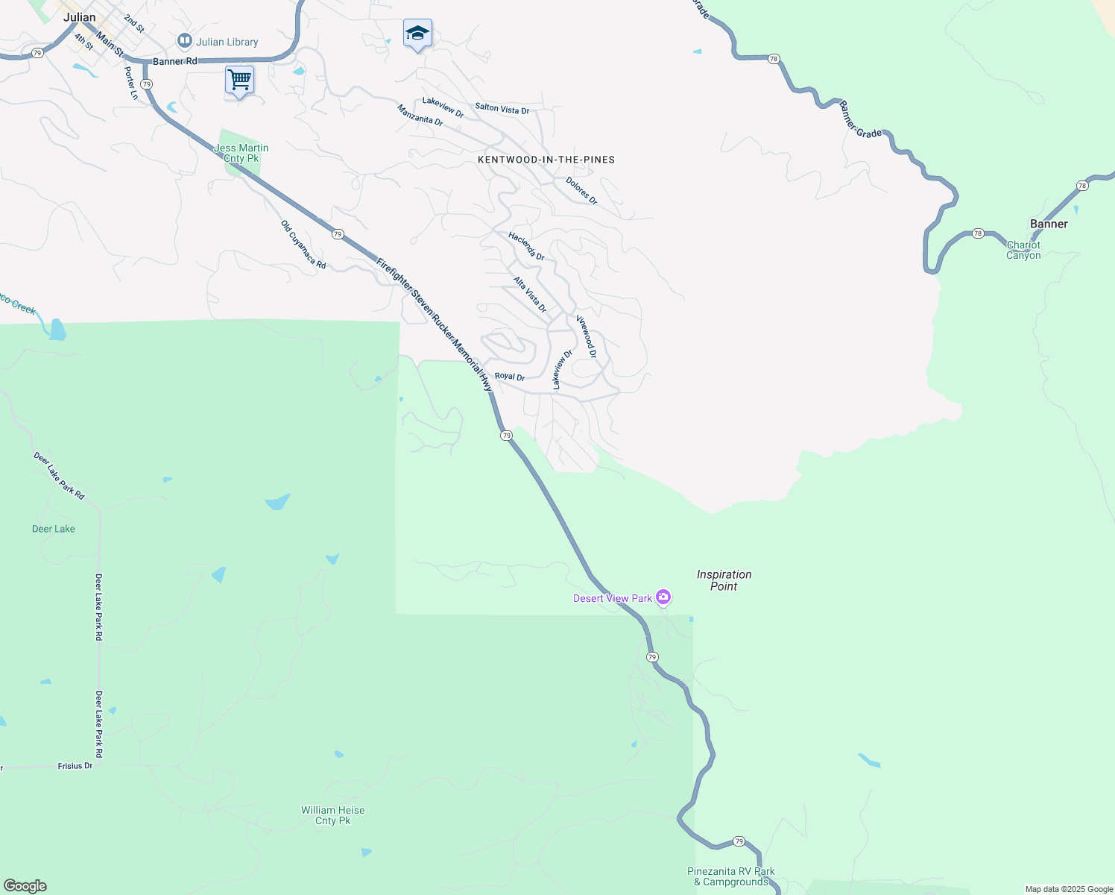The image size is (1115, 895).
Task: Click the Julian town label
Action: click(x=80, y=17)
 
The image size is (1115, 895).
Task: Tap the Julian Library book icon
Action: click(x=185, y=40)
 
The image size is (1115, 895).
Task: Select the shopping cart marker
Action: click(x=239, y=79)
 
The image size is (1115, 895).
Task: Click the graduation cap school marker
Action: click(x=417, y=33)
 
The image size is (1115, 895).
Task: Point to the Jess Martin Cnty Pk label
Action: click(x=241, y=153)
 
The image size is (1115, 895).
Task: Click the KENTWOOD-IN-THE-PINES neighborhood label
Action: click(x=546, y=160)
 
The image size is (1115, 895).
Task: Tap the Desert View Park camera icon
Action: click(x=663, y=597)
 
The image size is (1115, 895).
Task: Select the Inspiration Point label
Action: click(x=724, y=580)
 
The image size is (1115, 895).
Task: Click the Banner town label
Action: click(x=1049, y=224)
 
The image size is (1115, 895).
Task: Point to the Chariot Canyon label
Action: click(x=1023, y=250)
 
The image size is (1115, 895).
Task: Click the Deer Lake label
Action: click(x=54, y=529)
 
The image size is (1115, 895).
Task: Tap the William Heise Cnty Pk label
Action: click(x=332, y=815)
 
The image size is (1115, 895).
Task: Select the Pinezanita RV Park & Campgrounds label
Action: click(x=730, y=876)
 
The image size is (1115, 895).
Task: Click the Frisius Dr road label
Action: click(x=75, y=766)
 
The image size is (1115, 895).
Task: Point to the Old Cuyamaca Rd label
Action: click(x=303, y=245)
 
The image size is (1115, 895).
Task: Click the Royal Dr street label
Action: click(x=510, y=377)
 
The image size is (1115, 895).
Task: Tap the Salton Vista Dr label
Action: click(x=502, y=109)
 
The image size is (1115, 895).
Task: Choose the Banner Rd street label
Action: click(x=175, y=61)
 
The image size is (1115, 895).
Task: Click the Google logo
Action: click(x=25, y=886)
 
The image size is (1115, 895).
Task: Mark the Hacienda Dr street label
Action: click(x=526, y=246)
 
